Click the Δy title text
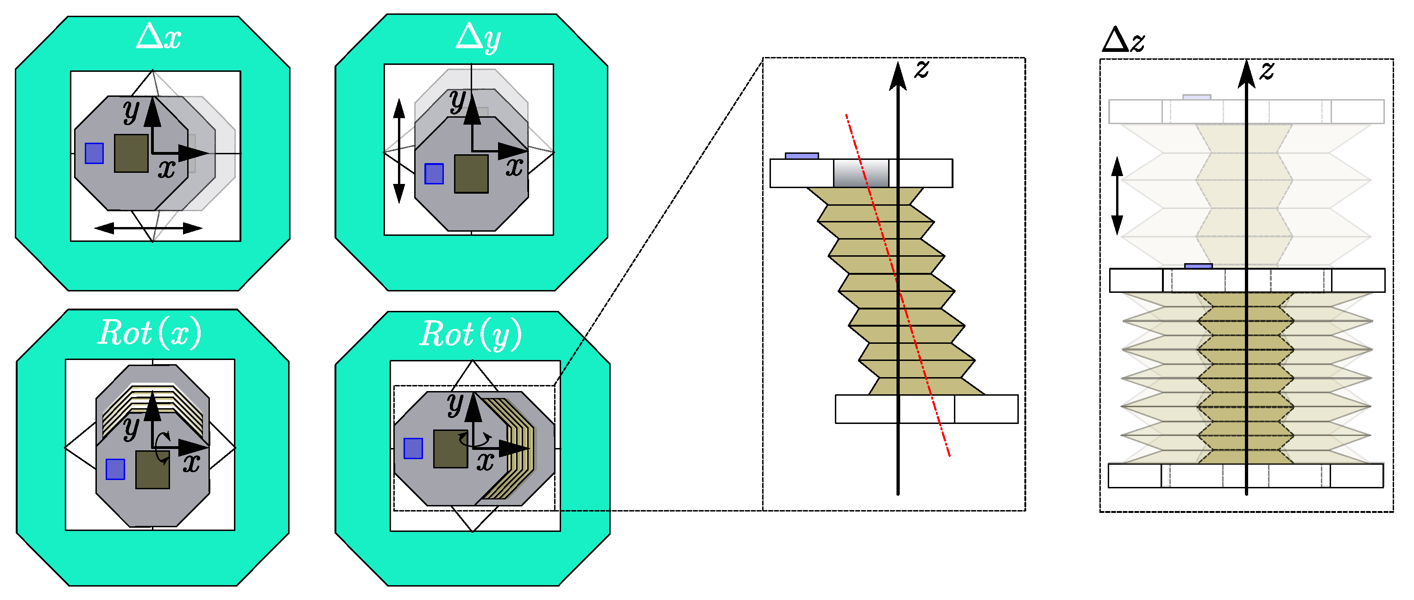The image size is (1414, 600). [x=478, y=38]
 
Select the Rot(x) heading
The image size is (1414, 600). [x=149, y=333]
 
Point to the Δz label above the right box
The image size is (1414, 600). [x=1123, y=40]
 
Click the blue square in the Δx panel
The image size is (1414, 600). [x=95, y=153]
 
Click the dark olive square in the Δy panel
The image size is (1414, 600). [x=471, y=173]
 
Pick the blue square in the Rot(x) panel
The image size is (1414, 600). [x=115, y=469]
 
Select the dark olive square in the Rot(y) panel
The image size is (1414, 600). [x=450, y=449]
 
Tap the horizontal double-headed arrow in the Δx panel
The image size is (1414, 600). [x=148, y=228]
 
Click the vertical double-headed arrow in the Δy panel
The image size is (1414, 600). [x=399, y=151]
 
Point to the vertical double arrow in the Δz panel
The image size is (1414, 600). [x=1117, y=196]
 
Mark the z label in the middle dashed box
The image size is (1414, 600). [x=922, y=69]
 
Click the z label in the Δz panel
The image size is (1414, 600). [x=1266, y=70]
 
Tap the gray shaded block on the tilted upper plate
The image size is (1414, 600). [x=861, y=173]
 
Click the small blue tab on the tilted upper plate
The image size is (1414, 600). [x=802, y=156]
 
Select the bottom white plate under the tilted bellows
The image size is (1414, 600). [x=926, y=409]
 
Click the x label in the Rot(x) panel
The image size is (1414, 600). [x=191, y=463]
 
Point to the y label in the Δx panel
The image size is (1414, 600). [x=131, y=112]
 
